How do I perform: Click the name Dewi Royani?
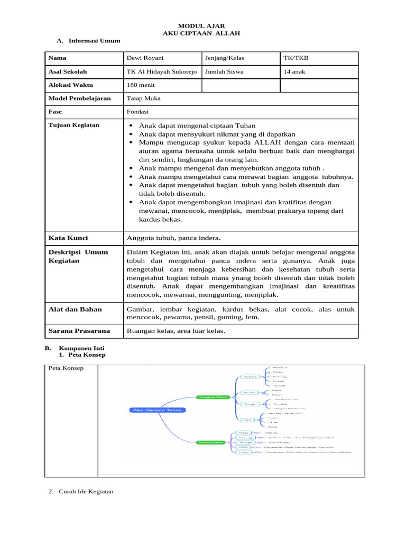[144, 58]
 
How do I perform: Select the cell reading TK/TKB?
[294, 58]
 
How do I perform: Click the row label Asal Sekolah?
[68, 71]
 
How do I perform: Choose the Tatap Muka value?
[144, 98]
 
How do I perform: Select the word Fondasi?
[138, 112]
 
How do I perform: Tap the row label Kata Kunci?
[68, 238]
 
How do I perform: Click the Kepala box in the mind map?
[250, 376]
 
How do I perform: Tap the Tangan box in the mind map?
[250, 403]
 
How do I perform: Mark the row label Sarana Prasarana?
[79, 331]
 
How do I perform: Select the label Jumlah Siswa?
[224, 71]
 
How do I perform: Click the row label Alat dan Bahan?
[75, 309]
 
